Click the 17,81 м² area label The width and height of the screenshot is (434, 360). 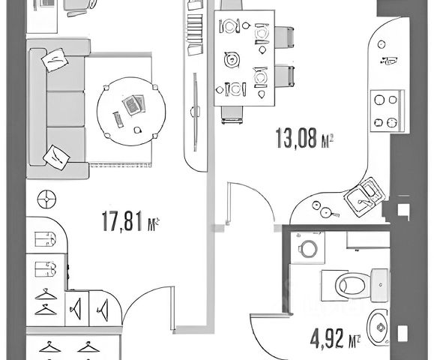[130, 221]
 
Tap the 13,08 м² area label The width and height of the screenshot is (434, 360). [304, 138]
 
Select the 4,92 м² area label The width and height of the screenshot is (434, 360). [336, 338]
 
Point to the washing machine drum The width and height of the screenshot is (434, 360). [308, 248]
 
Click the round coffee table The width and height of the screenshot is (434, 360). [131, 111]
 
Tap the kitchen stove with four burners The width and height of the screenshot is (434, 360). [388, 111]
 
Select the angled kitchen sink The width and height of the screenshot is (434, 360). [364, 197]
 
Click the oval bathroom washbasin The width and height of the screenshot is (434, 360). [379, 328]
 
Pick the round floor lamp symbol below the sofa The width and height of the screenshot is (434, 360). [46, 199]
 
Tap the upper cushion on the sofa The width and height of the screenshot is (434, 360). [55, 60]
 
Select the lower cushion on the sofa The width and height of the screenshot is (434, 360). [56, 157]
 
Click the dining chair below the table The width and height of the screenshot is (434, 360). [232, 115]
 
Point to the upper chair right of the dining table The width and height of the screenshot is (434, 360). [284, 37]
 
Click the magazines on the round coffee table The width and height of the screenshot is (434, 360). [134, 105]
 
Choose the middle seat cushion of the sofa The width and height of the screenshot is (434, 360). [66, 109]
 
